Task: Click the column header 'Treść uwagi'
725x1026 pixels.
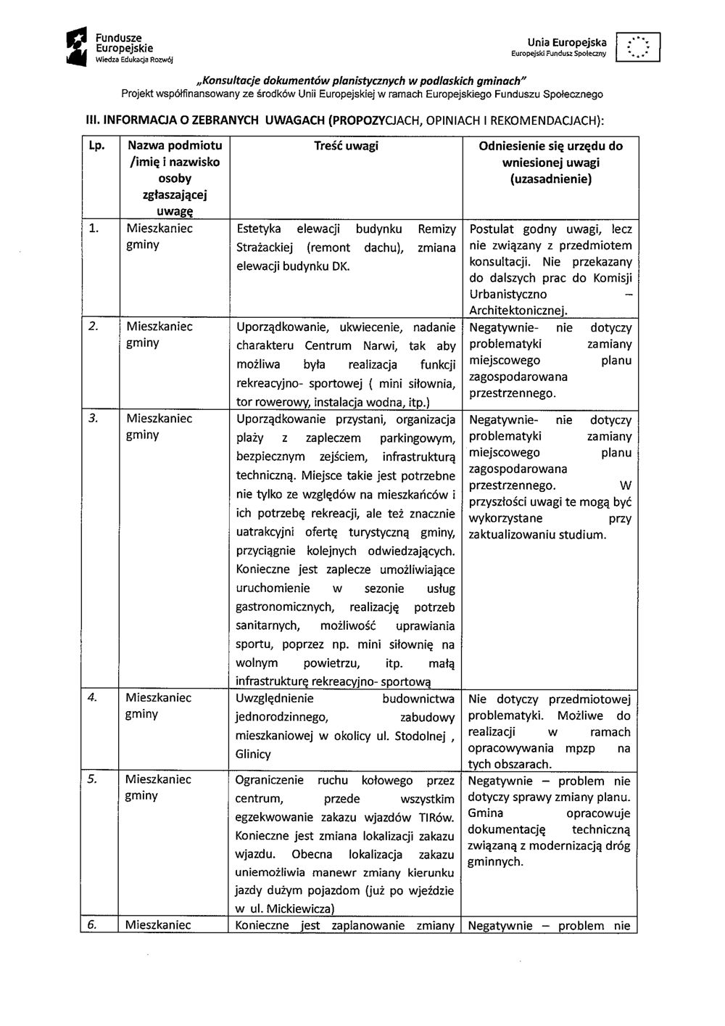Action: (346, 146)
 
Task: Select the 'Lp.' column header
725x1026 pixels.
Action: (94, 146)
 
